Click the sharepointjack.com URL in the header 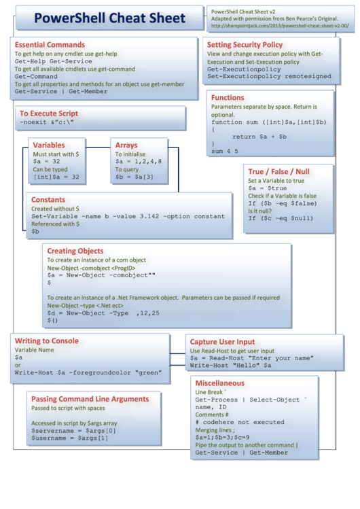280,26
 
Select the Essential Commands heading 50,45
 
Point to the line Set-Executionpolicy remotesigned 269,77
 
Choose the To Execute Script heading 49,113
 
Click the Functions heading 228,98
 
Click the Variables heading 49,145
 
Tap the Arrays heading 126,145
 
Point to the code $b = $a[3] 133,176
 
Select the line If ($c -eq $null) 281,218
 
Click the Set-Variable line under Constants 128,216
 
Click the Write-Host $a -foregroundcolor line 88,372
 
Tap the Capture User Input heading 222,342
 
